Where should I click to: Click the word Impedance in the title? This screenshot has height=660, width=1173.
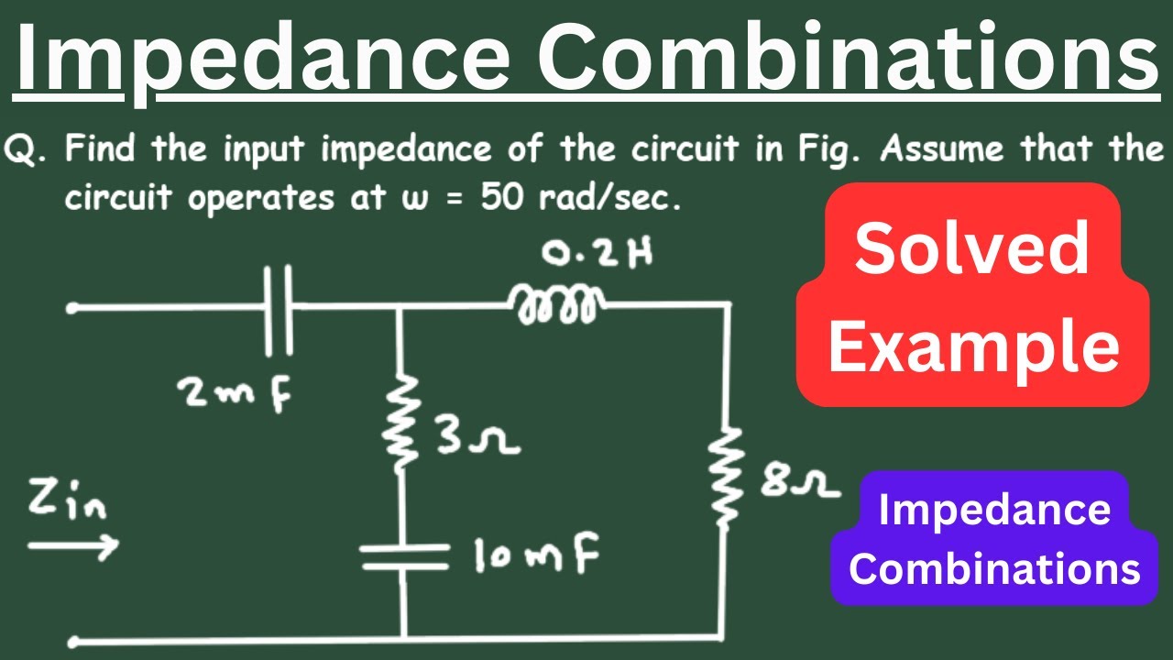263,59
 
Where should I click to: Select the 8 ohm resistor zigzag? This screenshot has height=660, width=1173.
724,474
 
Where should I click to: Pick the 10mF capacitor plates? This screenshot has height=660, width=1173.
404,556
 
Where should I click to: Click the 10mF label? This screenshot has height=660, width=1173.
536,555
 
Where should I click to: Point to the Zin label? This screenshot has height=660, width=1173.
67,500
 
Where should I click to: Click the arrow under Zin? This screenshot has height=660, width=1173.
73,545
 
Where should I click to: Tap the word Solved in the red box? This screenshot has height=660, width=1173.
971,247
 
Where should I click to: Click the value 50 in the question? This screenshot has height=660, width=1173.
501,197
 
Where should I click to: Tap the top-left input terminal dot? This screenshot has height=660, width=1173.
72,308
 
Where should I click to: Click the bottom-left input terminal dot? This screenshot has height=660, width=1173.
74,641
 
